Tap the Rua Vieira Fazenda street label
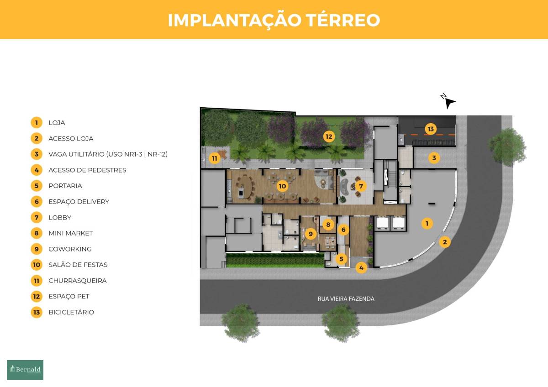pyautogui.click(x=346, y=299)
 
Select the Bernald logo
pyautogui.click(x=25, y=370)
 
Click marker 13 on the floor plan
pyautogui.click(x=431, y=129)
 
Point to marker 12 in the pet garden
pyautogui.click(x=329, y=136)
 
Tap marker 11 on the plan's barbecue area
pyautogui.click(x=215, y=158)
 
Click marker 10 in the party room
pyautogui.click(x=282, y=186)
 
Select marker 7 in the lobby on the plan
pyautogui.click(x=361, y=186)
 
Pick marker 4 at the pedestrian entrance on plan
pyautogui.click(x=361, y=268)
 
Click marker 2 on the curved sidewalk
pyautogui.click(x=445, y=242)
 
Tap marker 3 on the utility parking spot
pyautogui.click(x=434, y=158)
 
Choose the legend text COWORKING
pyautogui.click(x=70, y=249)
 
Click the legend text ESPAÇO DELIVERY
pyautogui.click(x=79, y=202)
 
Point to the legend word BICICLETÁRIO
pyautogui.click(x=71, y=312)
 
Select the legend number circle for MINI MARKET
pyautogui.click(x=37, y=233)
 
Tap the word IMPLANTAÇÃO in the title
pyautogui.click(x=234, y=21)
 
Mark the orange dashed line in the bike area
pyautogui.click(x=429, y=135)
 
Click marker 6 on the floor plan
pyautogui.click(x=343, y=230)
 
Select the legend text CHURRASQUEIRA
pyautogui.click(x=78, y=281)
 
